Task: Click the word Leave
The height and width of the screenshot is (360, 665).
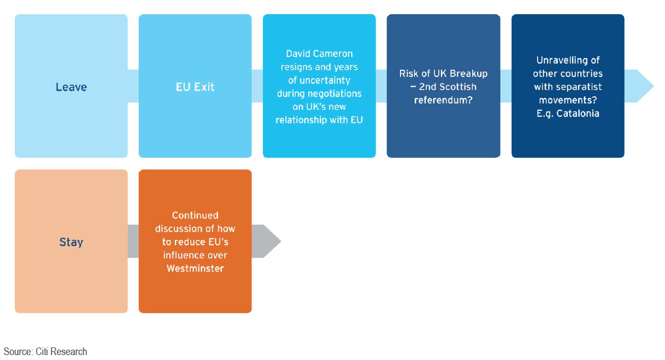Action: (71, 87)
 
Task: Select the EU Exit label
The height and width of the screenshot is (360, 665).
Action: (195, 87)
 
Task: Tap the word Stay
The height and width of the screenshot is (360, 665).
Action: (71, 242)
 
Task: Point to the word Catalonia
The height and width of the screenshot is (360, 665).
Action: (578, 114)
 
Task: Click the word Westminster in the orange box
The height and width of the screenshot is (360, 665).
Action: (195, 269)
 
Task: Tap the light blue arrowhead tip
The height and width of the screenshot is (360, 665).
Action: (654, 86)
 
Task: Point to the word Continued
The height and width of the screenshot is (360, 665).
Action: (195, 215)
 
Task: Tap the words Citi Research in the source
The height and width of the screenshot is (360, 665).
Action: (61, 352)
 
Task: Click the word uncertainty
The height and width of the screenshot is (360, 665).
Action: (325, 80)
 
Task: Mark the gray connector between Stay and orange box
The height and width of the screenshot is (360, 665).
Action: (133, 241)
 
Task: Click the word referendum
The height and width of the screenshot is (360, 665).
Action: (443, 101)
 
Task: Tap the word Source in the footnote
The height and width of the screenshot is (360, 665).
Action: (18, 352)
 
